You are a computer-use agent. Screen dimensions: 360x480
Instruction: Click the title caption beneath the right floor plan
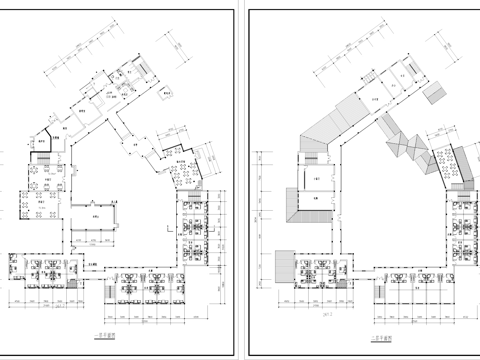383,338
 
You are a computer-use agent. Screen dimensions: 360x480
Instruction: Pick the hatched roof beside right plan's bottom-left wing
279,266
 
